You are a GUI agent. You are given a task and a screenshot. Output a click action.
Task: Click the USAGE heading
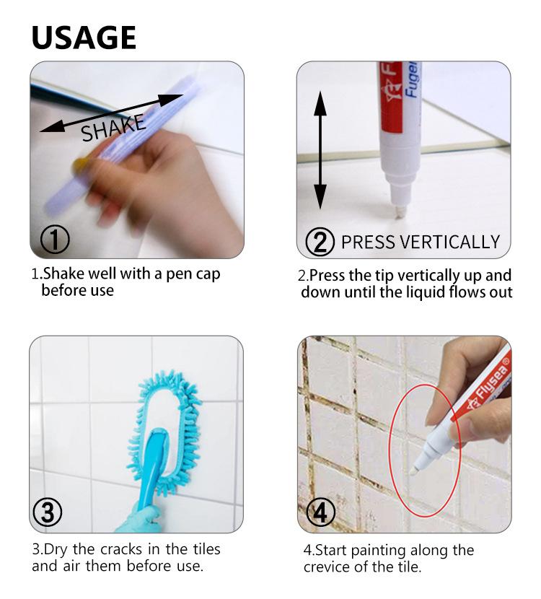[84, 37]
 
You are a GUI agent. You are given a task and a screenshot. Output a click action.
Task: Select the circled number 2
[320, 241]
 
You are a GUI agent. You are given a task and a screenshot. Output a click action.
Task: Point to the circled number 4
[320, 512]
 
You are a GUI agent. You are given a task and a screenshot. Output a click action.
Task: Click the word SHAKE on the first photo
[113, 128]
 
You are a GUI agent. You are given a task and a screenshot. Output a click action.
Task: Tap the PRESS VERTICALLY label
[420, 242]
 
